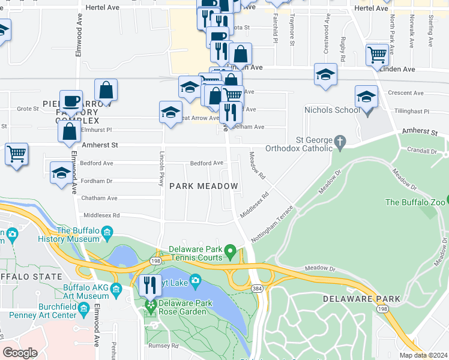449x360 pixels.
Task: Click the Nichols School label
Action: pyautogui.click(x=332, y=110)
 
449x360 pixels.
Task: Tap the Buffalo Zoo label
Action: pyautogui.click(x=417, y=202)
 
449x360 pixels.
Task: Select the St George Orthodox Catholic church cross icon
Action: pyautogui.click(x=340, y=143)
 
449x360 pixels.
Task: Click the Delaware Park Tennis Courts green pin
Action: pyautogui.click(x=229, y=250)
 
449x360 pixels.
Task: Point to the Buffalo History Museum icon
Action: pyautogui.click(x=107, y=232)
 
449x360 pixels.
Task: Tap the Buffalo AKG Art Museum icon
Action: pyautogui.click(x=116, y=291)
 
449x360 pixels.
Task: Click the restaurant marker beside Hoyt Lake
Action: pyautogui.click(x=149, y=285)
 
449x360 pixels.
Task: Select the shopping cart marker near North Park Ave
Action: pyautogui.click(x=377, y=55)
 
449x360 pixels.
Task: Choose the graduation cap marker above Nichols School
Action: pyautogui.click(x=366, y=97)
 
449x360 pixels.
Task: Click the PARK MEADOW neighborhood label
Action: pyautogui.click(x=203, y=187)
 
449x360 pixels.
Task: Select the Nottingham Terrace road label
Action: pyautogui.click(x=272, y=224)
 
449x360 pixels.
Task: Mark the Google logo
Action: pyautogui.click(x=20, y=352)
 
